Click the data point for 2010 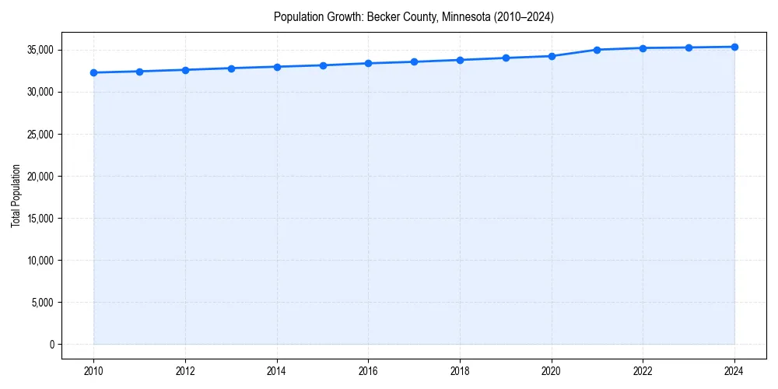(x=93, y=72)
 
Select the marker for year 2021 (x=597, y=50)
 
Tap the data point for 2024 (x=734, y=47)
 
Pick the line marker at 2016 (x=368, y=63)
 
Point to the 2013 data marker (x=231, y=68)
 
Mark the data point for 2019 (x=506, y=58)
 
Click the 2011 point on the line (x=139, y=72)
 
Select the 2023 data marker (x=689, y=47)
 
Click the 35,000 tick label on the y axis (x=40, y=50)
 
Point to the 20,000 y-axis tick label (x=40, y=176)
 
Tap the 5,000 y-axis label (x=42, y=302)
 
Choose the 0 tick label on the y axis (x=52, y=344)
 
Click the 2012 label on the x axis (x=185, y=371)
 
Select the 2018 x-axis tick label (x=460, y=371)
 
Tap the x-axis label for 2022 (x=643, y=371)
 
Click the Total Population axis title (x=16, y=195)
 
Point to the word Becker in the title (x=382, y=16)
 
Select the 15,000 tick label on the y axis (x=40, y=218)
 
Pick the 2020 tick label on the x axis (x=552, y=371)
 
